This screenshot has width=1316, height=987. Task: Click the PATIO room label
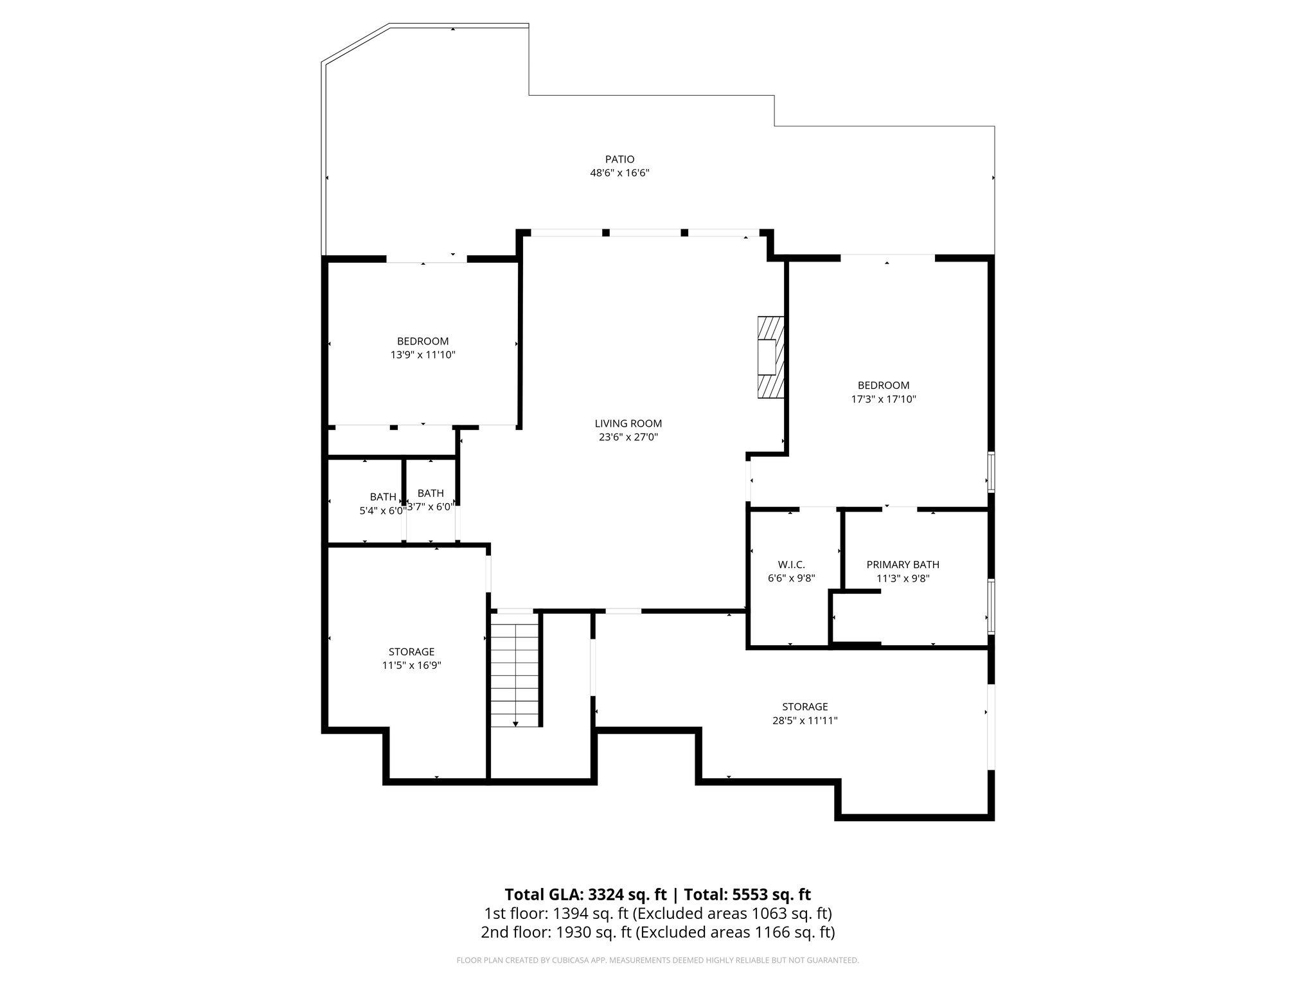point(619,159)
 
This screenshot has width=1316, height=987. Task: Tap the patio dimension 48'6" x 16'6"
point(619,173)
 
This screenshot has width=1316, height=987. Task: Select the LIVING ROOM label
point(628,423)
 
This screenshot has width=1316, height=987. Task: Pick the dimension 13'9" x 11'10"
point(423,355)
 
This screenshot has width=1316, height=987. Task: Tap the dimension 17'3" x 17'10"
point(884,399)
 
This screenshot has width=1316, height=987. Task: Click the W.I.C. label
point(791,565)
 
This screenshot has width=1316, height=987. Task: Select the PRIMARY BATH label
point(903,565)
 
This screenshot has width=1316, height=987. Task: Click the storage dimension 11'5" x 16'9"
point(411,666)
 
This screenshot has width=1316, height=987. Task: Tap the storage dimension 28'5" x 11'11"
point(805,721)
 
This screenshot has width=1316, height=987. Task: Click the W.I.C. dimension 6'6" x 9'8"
point(791,578)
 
